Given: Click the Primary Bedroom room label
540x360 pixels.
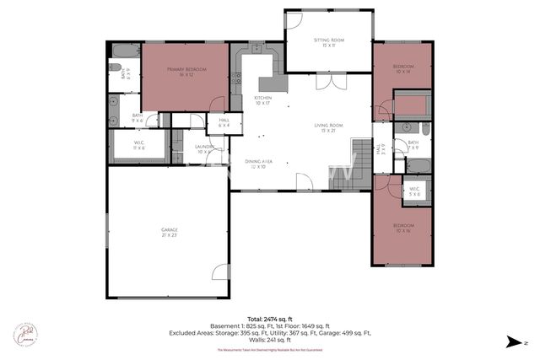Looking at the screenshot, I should (186, 73).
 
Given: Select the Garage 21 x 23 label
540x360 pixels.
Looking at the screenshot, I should (170, 232).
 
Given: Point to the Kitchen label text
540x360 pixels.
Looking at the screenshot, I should (263, 100).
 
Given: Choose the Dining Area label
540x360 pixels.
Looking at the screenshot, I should (257, 164).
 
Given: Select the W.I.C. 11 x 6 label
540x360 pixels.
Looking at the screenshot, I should (139, 145).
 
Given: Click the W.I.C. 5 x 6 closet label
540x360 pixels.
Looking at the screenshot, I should (413, 191).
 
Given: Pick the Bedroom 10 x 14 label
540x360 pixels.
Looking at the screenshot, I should (403, 69).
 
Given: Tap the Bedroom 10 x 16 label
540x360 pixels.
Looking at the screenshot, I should (403, 229).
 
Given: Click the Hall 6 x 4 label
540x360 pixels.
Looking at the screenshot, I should (224, 123).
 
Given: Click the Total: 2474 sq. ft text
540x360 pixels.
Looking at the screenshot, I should (270, 320).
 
